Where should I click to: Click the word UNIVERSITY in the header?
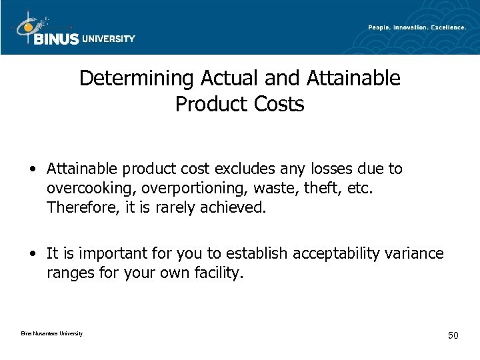tap(108, 39)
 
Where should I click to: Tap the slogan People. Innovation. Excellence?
tap(417, 27)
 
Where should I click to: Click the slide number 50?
tap(453, 335)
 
